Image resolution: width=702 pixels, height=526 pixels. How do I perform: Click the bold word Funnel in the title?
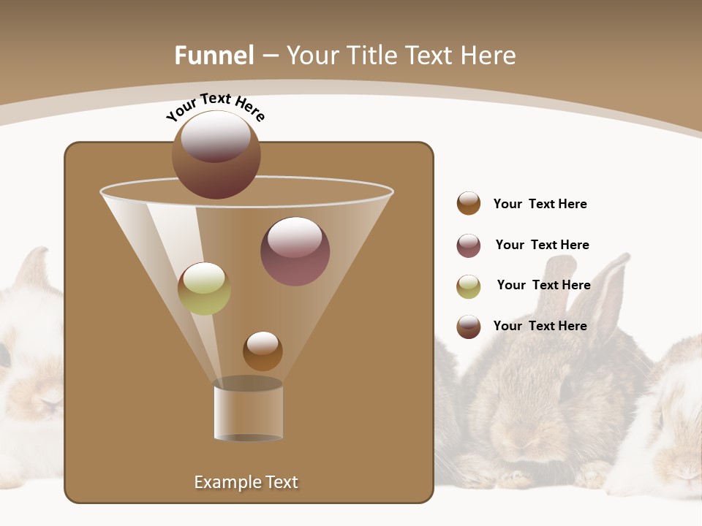tap(214, 56)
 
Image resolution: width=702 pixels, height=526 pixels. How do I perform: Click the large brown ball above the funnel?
tap(216, 154)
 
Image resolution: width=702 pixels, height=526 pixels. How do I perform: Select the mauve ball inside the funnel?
tap(295, 251)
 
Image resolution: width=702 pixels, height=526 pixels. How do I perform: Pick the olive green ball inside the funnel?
tap(204, 289)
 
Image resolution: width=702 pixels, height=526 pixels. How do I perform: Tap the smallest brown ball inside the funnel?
tap(263, 351)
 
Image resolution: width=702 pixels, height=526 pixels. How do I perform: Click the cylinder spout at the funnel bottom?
tap(249, 411)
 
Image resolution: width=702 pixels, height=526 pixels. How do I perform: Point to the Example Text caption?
tap(246, 482)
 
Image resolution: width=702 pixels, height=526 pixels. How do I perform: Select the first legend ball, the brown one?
tap(469, 203)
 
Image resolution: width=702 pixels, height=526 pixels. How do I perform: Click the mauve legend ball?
tap(469, 245)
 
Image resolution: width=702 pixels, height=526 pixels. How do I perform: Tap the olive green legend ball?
tap(469, 286)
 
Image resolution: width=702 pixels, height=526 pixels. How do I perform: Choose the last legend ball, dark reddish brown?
tap(469, 327)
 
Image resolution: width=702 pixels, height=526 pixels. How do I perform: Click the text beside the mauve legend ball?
tap(542, 245)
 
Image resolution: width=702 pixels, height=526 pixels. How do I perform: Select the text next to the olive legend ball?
tap(543, 285)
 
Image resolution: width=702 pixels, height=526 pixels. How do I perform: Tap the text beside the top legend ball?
tap(540, 204)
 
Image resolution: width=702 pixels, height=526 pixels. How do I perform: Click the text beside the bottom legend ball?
tap(540, 326)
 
